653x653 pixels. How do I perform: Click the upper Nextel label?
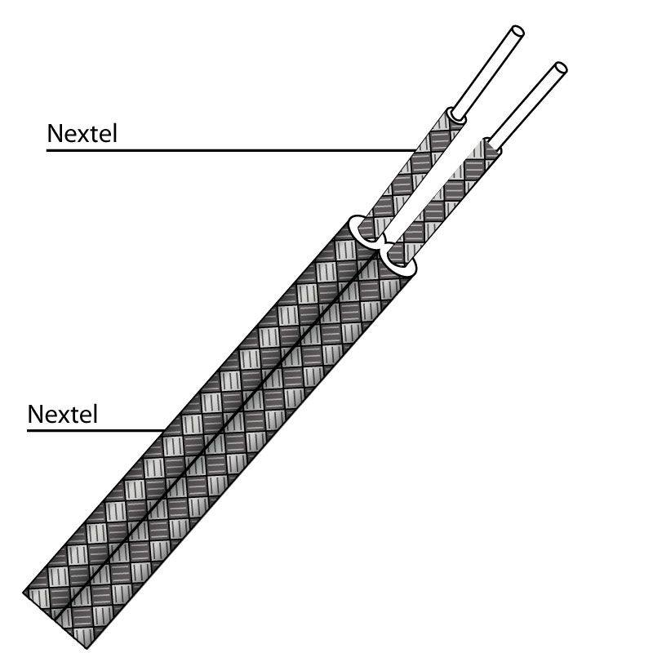click(x=82, y=133)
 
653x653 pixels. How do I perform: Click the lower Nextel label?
click(x=63, y=413)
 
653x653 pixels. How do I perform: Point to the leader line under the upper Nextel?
click(x=229, y=150)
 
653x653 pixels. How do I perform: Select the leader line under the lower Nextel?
click(x=90, y=429)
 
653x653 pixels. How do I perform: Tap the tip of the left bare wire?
click(x=515, y=33)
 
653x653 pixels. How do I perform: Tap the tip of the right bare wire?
click(x=559, y=68)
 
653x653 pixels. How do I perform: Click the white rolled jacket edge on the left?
click(x=360, y=228)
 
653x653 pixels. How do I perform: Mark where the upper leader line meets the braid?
click(x=415, y=150)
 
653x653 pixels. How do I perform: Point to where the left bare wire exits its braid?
click(x=457, y=114)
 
